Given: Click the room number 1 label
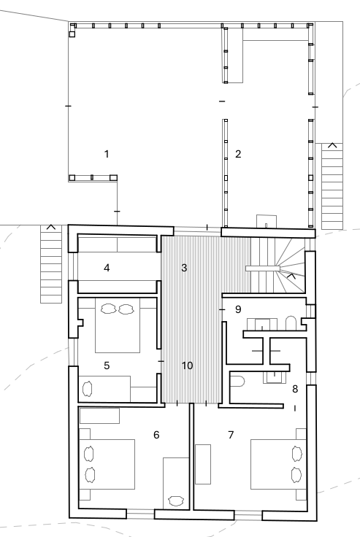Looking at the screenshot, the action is pyautogui.click(x=107, y=154).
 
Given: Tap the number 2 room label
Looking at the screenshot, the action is pyautogui.click(x=238, y=154).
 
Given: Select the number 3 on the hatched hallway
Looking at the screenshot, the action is pyautogui.click(x=184, y=268).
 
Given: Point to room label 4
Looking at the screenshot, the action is pyautogui.click(x=107, y=268).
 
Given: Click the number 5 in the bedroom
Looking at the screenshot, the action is pyautogui.click(x=107, y=366).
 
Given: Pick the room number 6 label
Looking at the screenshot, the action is pyautogui.click(x=156, y=435).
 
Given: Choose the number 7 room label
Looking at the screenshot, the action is pyautogui.click(x=231, y=435).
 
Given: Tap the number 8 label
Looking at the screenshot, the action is pyautogui.click(x=295, y=389).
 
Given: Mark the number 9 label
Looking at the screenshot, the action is pyautogui.click(x=238, y=309).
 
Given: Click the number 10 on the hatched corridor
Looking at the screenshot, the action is pyautogui.click(x=187, y=366).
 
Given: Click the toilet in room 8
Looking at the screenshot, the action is pyautogui.click(x=237, y=381).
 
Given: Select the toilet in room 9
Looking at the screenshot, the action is pyautogui.click(x=291, y=323).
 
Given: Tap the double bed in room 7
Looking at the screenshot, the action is pyautogui.click(x=278, y=464).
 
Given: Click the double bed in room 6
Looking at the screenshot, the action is pyautogui.click(x=107, y=464).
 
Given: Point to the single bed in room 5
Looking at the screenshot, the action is pyautogui.click(x=104, y=389).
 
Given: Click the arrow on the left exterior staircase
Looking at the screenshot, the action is pyautogui.click(x=51, y=227).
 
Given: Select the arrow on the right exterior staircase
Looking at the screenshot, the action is pyautogui.click(x=332, y=145).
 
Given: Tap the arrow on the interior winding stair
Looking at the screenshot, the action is pyautogui.click(x=291, y=276).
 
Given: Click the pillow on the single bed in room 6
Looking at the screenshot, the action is pyautogui.click(x=176, y=501).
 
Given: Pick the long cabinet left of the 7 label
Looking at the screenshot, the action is pyautogui.click(x=203, y=464).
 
